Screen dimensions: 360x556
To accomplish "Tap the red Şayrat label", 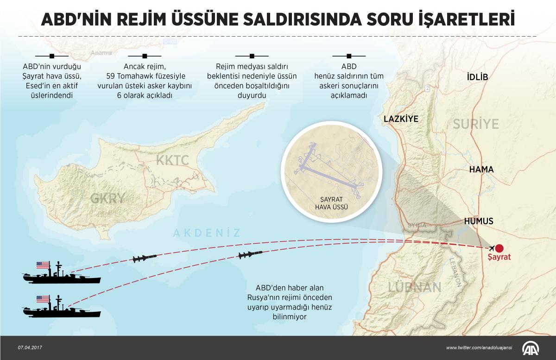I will point(499,257).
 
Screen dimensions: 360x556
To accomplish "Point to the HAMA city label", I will point(481,170).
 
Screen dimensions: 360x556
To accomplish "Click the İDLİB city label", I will point(478,77).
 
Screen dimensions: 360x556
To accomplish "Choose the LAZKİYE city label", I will point(401,119).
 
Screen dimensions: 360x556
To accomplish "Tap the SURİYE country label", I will point(476,124).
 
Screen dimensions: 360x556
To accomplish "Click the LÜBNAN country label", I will point(414,287).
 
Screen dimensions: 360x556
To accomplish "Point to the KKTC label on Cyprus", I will point(172,161).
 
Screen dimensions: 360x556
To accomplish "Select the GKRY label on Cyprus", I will point(108,198).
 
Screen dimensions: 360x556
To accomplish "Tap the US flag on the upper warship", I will point(43,265).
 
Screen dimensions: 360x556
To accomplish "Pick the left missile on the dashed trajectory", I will point(144,258).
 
